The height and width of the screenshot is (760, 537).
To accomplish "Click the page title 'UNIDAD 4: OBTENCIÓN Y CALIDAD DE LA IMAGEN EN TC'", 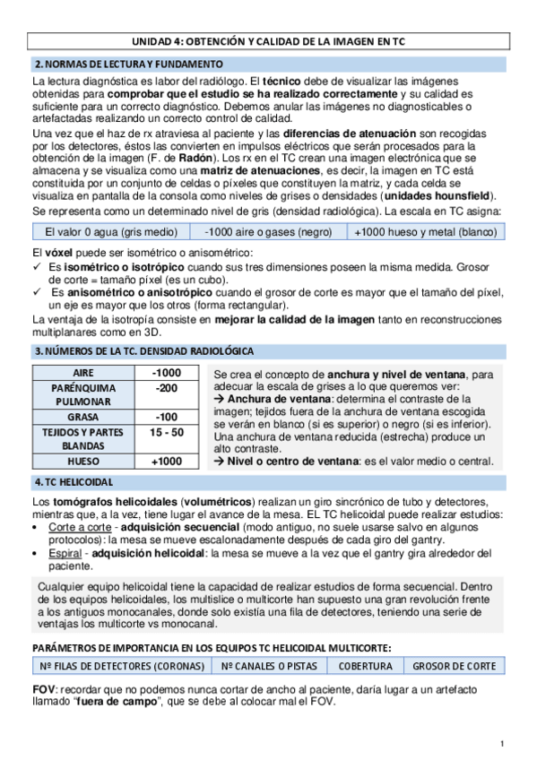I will [x=268, y=42].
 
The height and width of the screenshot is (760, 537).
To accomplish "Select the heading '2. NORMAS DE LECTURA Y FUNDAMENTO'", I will [x=128, y=65].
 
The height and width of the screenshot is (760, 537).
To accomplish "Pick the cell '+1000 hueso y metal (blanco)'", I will [x=425, y=232].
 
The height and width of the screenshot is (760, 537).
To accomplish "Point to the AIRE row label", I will [x=82, y=373].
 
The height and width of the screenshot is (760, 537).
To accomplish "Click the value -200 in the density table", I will [x=166, y=388].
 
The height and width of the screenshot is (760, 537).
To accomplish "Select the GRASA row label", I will [x=82, y=417].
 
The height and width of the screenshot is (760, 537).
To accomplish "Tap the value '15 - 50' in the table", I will [x=166, y=432].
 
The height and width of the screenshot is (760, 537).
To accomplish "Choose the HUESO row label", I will [x=82, y=462].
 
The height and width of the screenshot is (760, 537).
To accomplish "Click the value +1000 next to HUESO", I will [x=166, y=462].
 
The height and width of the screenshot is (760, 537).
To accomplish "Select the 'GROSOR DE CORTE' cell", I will [x=454, y=666].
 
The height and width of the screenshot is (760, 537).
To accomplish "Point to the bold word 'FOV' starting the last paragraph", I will [x=43, y=689].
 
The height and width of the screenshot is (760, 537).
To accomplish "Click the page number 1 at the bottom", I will [x=503, y=743].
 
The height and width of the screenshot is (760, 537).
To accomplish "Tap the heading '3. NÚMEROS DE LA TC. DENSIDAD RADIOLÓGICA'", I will [x=143, y=351].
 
